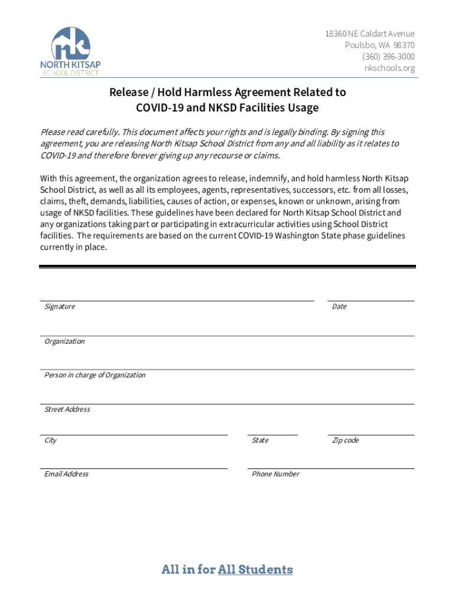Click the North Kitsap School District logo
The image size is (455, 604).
tap(70, 51)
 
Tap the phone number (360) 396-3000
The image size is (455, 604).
tap(389, 57)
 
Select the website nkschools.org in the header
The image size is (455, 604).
tap(390, 68)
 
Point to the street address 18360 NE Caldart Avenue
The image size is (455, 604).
tap(369, 34)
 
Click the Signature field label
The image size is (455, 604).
tap(60, 307)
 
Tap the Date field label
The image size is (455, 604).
tap(339, 307)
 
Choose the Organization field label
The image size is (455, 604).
tap(64, 342)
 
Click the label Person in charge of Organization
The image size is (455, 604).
tap(95, 375)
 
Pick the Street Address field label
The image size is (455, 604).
tap(67, 409)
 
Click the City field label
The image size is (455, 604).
tap(51, 441)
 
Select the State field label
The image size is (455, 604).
tap(260, 441)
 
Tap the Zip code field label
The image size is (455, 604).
tap(345, 441)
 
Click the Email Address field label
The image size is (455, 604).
tap(66, 474)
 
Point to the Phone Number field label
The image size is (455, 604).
tap(275, 474)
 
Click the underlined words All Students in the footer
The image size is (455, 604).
tap(255, 570)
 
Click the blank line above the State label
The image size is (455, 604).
tap(272, 435)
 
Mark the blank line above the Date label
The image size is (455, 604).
tap(370, 301)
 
